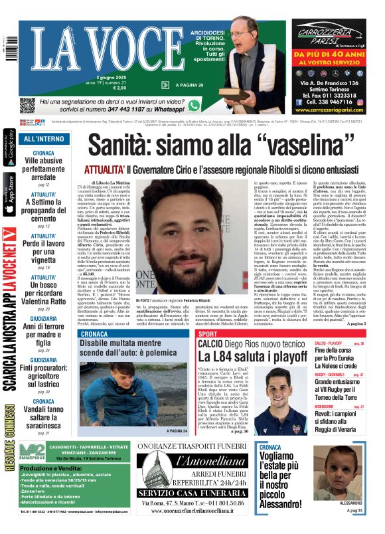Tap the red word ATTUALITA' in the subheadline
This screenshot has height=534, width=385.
pyautogui.click(x=102, y=169)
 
